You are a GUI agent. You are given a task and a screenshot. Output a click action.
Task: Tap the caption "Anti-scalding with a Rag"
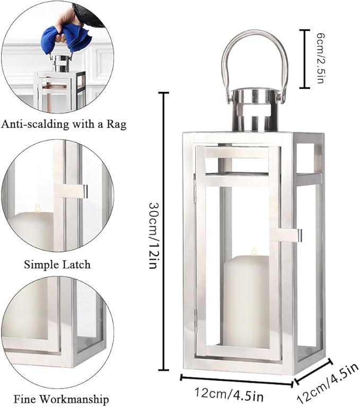click(x=64, y=125)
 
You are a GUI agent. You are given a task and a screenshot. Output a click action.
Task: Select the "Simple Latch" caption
click(x=57, y=263)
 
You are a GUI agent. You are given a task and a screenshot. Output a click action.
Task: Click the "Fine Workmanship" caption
click(x=62, y=399)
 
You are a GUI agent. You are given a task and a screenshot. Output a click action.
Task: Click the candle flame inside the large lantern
click(x=253, y=252)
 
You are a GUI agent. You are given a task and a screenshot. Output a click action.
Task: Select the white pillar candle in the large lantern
click(x=247, y=302)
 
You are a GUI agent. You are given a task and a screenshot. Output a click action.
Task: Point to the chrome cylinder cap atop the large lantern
click(x=254, y=110)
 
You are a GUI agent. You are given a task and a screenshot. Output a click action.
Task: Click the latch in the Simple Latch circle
click(x=71, y=191)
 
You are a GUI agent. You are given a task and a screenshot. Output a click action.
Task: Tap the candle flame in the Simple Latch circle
click(x=38, y=208)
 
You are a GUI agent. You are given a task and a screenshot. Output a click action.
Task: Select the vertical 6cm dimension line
click(x=303, y=58)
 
